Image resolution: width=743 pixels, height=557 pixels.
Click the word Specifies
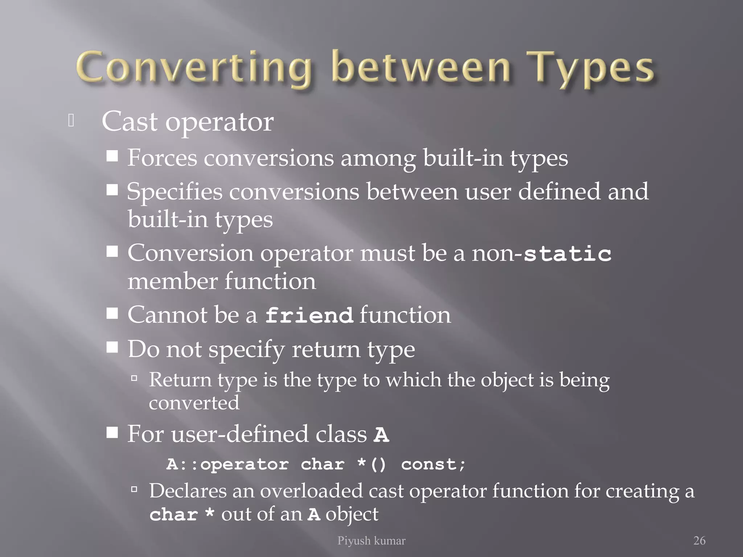click(x=175, y=191)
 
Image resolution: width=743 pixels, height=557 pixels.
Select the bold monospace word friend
click(x=309, y=315)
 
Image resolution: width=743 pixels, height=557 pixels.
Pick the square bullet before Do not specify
click(x=112, y=347)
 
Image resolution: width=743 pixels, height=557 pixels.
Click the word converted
click(x=194, y=403)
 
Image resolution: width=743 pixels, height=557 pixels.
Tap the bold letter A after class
click(x=381, y=434)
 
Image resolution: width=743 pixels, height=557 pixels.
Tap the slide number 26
click(x=699, y=541)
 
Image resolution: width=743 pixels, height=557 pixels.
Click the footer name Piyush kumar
click(x=371, y=541)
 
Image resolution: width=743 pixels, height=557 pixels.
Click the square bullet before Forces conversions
click(x=112, y=156)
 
